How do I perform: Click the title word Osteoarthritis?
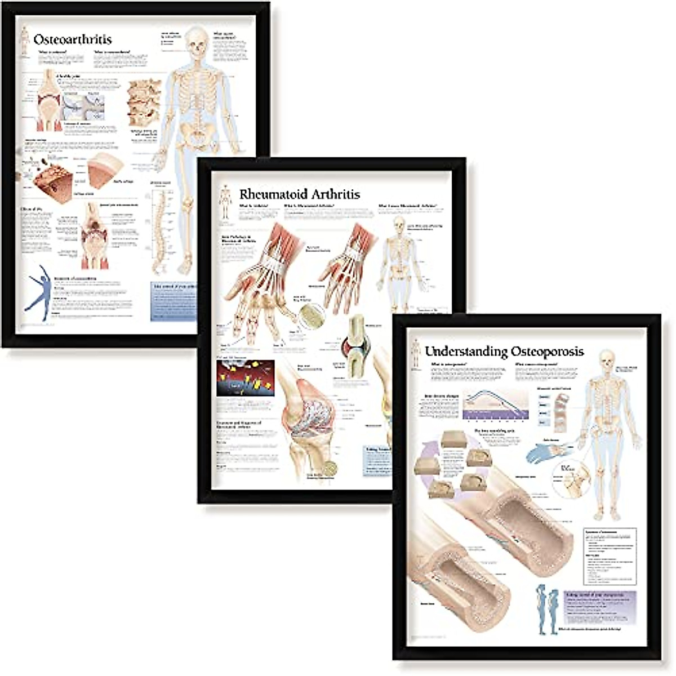click(73, 40)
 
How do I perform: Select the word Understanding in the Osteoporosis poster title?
click(466, 352)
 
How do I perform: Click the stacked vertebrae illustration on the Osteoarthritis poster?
click(144, 101)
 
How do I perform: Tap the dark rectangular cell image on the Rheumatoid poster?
click(245, 378)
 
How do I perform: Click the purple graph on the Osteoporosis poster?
click(496, 406)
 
